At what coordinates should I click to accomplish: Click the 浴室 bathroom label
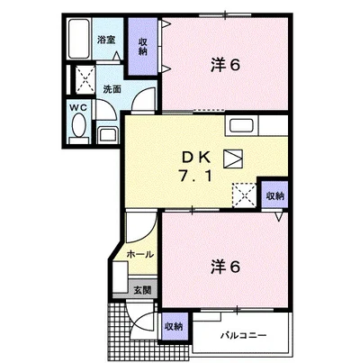pos(106,40)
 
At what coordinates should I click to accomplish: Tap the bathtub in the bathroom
pos(78,39)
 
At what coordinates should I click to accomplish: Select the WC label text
pos(78,108)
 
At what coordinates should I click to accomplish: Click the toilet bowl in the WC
pos(78,125)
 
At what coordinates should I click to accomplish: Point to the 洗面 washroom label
pos(112,89)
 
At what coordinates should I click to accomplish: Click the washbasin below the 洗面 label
pos(108,134)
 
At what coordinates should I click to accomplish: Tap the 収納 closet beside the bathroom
pos(143,47)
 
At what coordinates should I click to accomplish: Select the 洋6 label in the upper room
pos(225,65)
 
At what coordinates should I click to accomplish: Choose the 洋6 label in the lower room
pos(225,267)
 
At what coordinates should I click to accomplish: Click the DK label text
pos(196,158)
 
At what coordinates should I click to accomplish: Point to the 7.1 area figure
pos(196,176)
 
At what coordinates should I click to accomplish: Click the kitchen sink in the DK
pos(241,125)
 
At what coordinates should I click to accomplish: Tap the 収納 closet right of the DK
pos(274,195)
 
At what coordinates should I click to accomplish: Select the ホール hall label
pos(140,254)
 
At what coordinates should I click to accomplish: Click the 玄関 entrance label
pos(142,290)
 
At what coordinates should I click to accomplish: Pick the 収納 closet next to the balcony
pos(175,327)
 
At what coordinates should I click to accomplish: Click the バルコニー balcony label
pos(243,335)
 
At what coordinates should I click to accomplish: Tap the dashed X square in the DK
pos(245,195)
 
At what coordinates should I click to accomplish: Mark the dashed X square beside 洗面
pos(85,79)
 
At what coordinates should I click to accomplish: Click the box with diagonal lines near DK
pos(233,159)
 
